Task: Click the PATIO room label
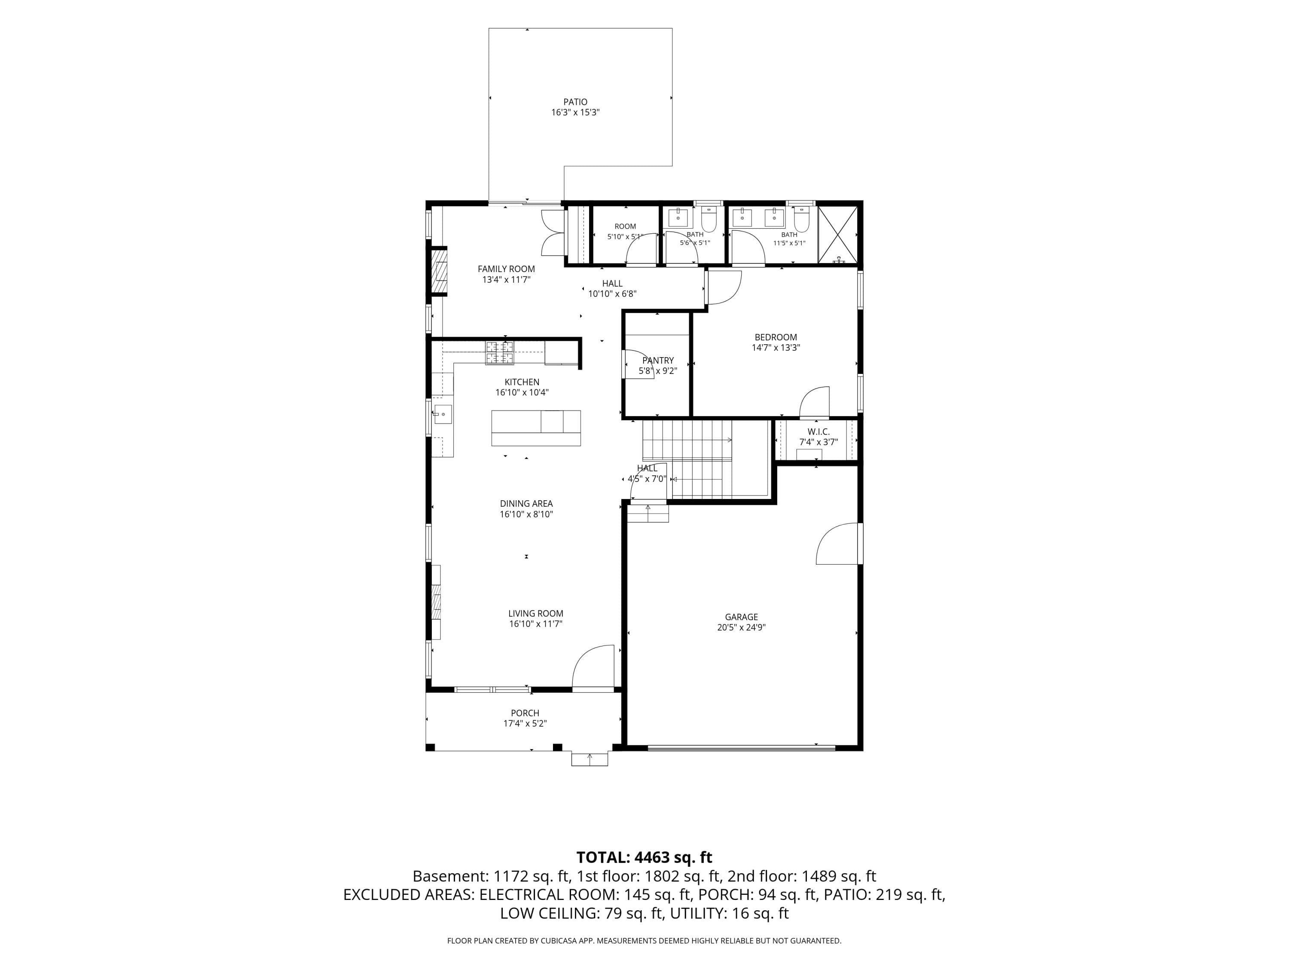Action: [x=575, y=102]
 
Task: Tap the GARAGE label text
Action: [x=741, y=617]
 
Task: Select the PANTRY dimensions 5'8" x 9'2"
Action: [x=658, y=371]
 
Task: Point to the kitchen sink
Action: [x=442, y=414]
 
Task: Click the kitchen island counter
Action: [x=536, y=428]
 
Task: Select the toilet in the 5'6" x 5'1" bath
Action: [x=709, y=218]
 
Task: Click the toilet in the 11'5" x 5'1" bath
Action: [x=802, y=218]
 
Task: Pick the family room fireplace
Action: [x=439, y=272]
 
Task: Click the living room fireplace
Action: [x=436, y=602]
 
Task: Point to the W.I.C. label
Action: [x=818, y=432]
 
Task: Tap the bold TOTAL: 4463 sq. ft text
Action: [x=644, y=857]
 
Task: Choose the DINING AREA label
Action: [x=526, y=504]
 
